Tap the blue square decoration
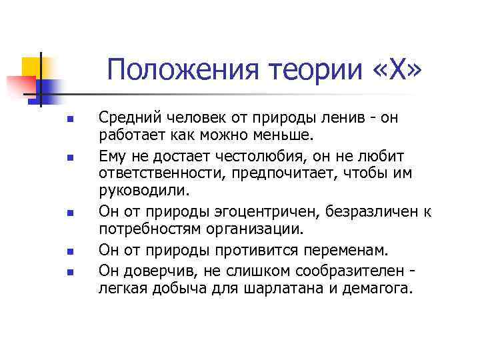(x=50, y=88)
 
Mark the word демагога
(x=379, y=288)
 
